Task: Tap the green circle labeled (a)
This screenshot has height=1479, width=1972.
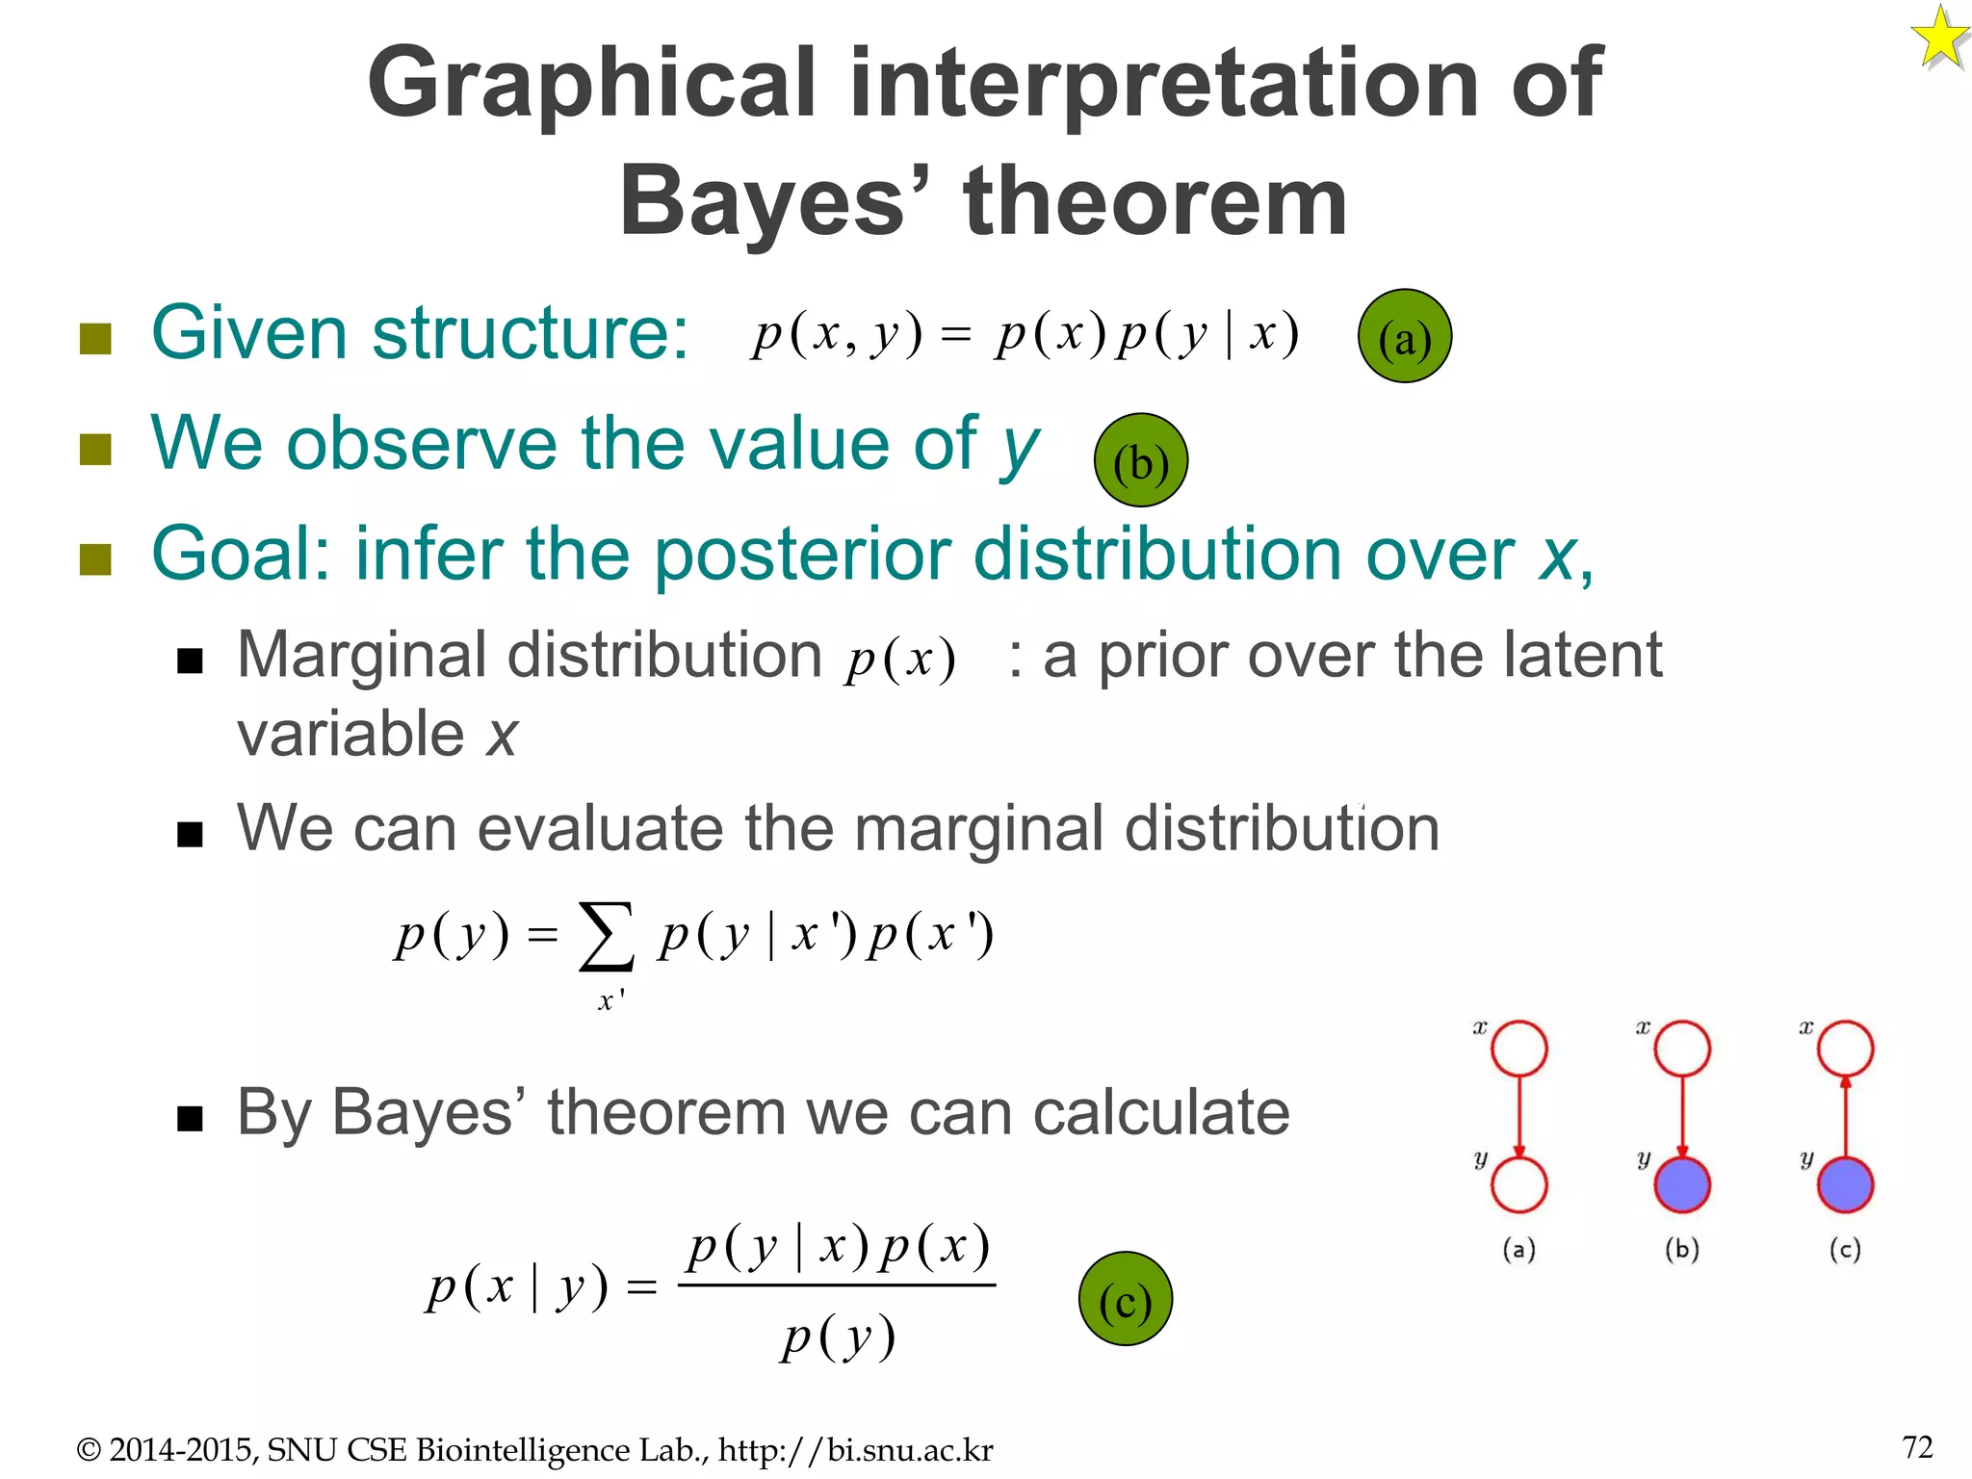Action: [1404, 336]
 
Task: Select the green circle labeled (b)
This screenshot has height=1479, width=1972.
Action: [1140, 460]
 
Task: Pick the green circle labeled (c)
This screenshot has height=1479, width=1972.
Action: [1125, 1299]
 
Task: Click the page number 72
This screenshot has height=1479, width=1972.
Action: [1917, 1447]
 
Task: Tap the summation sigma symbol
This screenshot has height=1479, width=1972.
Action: [607, 935]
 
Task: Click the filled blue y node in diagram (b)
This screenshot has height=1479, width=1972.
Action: [1682, 1184]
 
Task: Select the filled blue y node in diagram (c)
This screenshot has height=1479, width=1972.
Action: [1845, 1184]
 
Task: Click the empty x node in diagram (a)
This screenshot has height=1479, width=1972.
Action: [1518, 1049]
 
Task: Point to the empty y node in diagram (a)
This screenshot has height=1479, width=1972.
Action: [1518, 1184]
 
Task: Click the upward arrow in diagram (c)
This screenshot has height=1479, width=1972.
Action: [1845, 1117]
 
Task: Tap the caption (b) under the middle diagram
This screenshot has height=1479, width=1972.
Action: [1682, 1250]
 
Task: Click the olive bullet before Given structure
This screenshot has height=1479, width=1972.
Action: [95, 338]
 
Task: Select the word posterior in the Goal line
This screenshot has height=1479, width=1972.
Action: [808, 556]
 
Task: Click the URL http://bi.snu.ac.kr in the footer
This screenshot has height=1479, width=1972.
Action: [855, 1450]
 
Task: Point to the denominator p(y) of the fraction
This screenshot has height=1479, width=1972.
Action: [838, 1337]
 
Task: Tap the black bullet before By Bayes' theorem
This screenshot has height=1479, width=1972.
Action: [190, 1118]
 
